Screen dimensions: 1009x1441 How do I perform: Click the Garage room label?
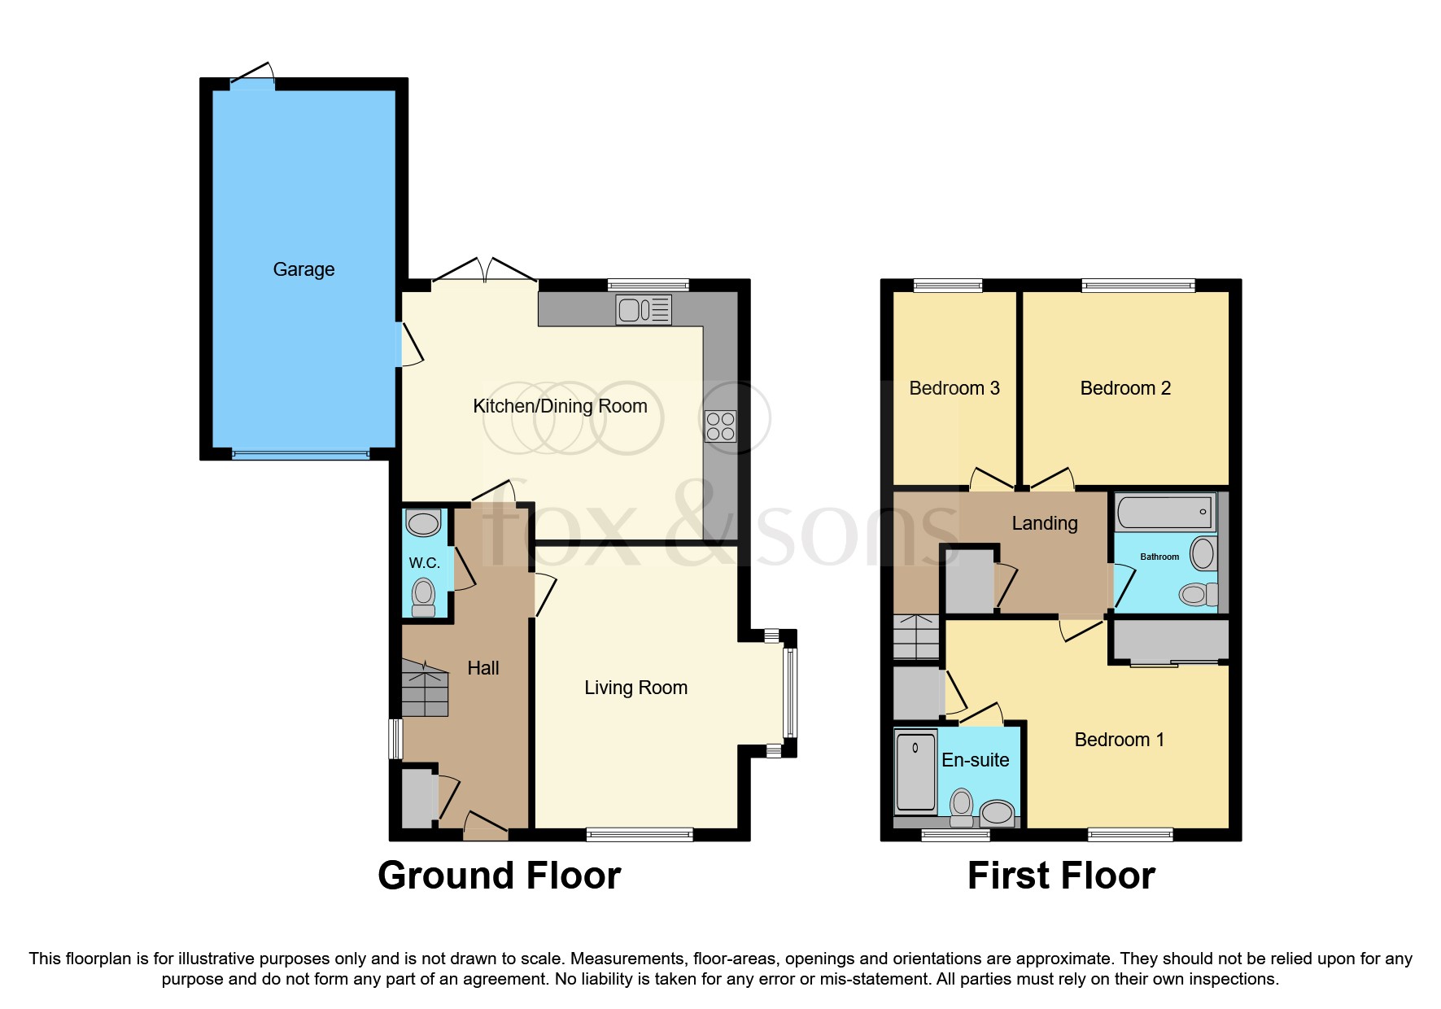[x=303, y=269]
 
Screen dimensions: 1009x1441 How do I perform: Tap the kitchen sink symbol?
[x=643, y=310]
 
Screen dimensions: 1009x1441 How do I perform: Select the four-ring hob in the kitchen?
[x=720, y=426]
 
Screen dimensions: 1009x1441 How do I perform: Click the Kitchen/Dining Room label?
[x=560, y=406]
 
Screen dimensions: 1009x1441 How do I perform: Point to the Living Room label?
[x=635, y=688]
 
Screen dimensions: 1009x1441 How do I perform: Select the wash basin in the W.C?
[x=423, y=522]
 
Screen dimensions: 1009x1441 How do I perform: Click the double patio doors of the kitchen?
[x=484, y=271]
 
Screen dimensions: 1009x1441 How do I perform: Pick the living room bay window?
[x=789, y=692]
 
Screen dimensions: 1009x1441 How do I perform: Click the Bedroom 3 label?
[x=954, y=388]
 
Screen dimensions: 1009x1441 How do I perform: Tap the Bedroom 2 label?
[x=1124, y=388]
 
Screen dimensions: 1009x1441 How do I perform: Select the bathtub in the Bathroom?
[x=1165, y=513]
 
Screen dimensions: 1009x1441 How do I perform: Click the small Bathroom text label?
[x=1159, y=557]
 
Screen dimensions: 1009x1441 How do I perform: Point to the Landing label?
[x=1044, y=523]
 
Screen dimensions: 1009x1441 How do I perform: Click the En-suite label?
[x=975, y=760]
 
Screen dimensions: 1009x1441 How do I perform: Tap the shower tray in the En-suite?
[x=915, y=771]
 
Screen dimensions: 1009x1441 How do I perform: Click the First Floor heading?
[x=1060, y=876]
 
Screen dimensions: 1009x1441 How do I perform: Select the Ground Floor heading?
[x=499, y=876]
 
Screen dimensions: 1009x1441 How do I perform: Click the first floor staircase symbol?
[x=916, y=637]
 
